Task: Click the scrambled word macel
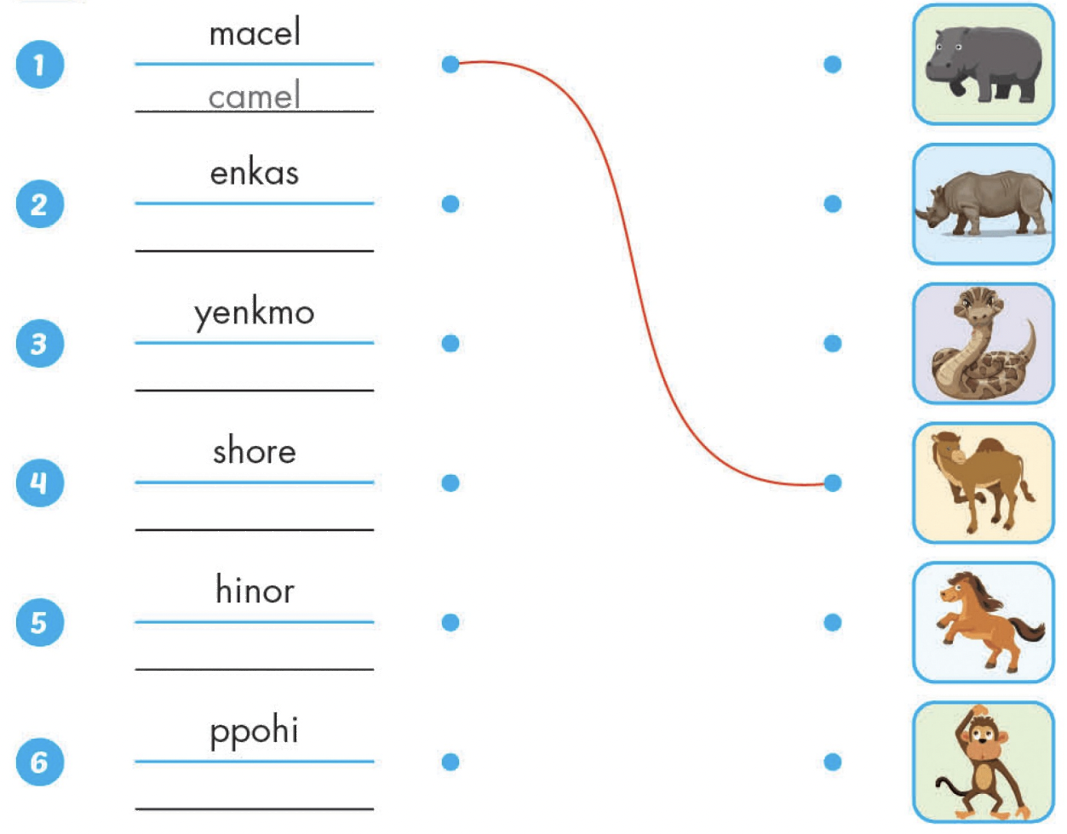click(255, 32)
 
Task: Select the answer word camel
click(255, 95)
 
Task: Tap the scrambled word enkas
click(255, 173)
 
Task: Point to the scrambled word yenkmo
click(255, 314)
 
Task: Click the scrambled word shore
click(255, 450)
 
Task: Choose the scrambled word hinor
click(255, 590)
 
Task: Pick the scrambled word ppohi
click(255, 732)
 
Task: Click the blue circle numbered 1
click(40, 65)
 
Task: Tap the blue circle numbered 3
click(40, 344)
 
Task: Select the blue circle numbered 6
click(40, 762)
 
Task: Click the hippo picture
click(984, 65)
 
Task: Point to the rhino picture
click(984, 204)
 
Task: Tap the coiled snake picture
click(984, 344)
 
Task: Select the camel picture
click(984, 483)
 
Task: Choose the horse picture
click(984, 622)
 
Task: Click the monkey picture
click(984, 762)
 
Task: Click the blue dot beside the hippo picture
click(832, 65)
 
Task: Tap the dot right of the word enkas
click(450, 203)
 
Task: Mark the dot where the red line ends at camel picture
click(832, 483)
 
